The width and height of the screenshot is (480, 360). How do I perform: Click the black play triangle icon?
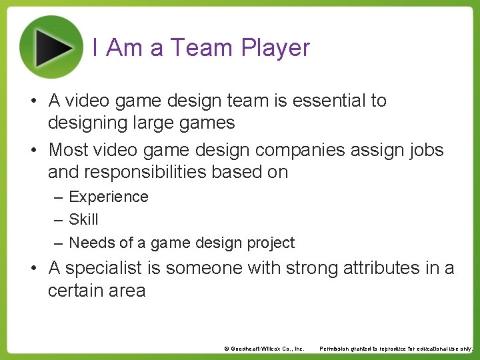[53, 46]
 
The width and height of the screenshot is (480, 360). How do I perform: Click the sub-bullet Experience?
[109, 197]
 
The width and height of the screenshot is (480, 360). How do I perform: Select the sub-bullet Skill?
[83, 219]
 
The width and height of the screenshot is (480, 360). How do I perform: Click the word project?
[270, 243]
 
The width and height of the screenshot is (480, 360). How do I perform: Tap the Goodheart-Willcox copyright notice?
[264, 349]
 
